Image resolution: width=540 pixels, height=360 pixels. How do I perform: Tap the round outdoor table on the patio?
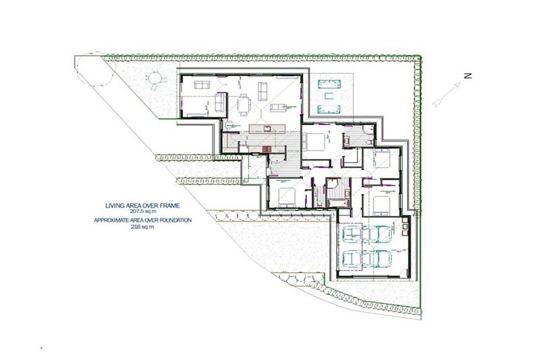(153, 79)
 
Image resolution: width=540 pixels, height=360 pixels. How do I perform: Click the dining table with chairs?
(245, 105)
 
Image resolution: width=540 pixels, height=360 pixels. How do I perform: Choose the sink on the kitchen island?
(267, 127)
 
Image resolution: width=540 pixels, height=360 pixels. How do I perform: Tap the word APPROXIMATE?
(117, 220)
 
